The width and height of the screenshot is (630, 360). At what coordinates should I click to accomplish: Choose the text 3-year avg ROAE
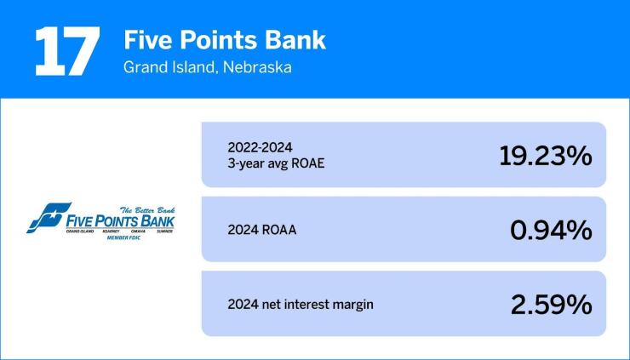pyautogui.click(x=277, y=163)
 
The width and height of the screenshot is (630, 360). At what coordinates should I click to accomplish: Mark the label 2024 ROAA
pyautogui.click(x=262, y=229)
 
